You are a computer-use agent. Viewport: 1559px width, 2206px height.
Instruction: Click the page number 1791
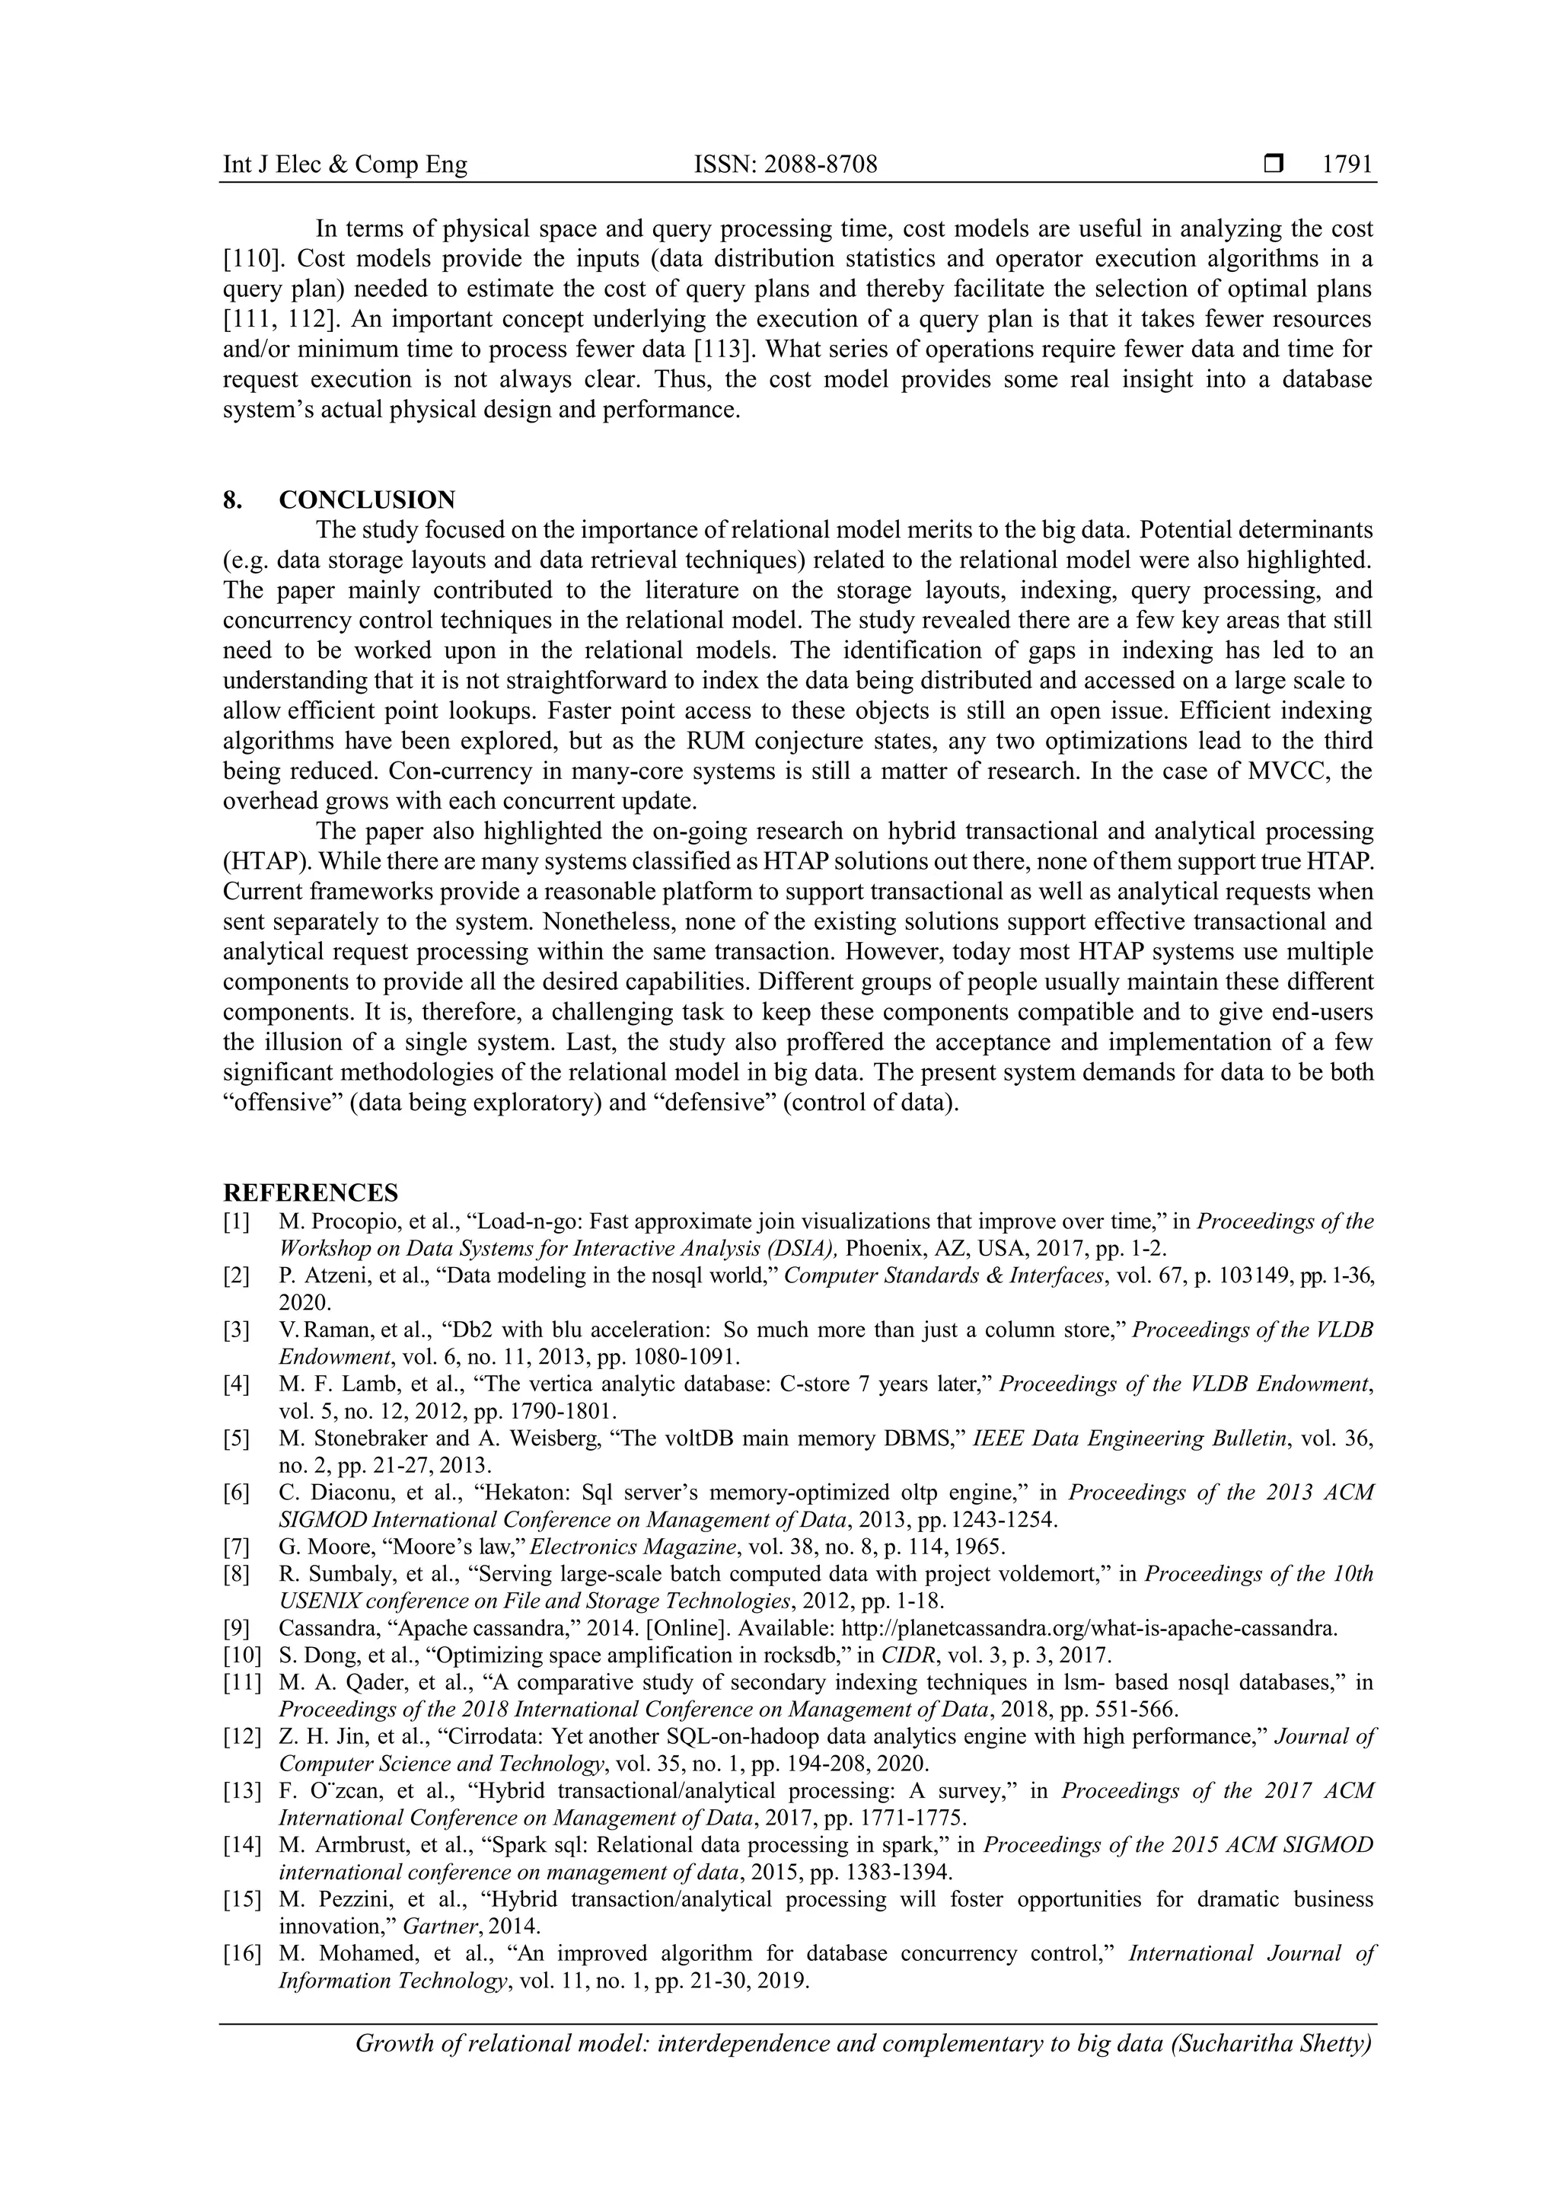[x=1347, y=165]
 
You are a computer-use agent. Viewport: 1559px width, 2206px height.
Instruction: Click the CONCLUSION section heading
[x=367, y=500]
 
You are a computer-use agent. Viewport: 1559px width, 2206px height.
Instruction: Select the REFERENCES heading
[x=311, y=1193]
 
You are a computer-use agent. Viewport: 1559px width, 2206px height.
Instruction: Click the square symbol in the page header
[x=1274, y=165]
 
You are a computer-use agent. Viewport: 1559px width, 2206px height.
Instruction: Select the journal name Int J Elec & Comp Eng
[x=345, y=165]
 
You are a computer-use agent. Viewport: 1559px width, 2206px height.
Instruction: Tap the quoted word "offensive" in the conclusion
[x=283, y=1102]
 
